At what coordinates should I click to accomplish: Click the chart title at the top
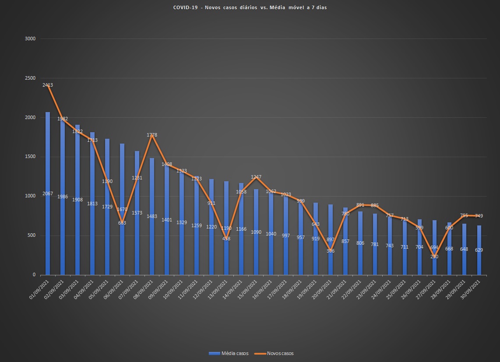[x=250, y=8]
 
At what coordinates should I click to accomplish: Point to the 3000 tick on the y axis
[x=30, y=39]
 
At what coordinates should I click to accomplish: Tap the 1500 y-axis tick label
[x=30, y=157]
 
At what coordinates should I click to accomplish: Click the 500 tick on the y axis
[x=32, y=235]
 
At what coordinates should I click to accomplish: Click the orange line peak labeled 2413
[x=48, y=85]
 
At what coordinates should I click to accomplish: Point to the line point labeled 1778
[x=152, y=135]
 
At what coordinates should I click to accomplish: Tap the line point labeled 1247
[x=256, y=177]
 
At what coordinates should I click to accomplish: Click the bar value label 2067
[x=48, y=193]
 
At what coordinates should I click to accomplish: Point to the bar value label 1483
[x=152, y=216]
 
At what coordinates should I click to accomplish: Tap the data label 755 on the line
[x=464, y=215]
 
